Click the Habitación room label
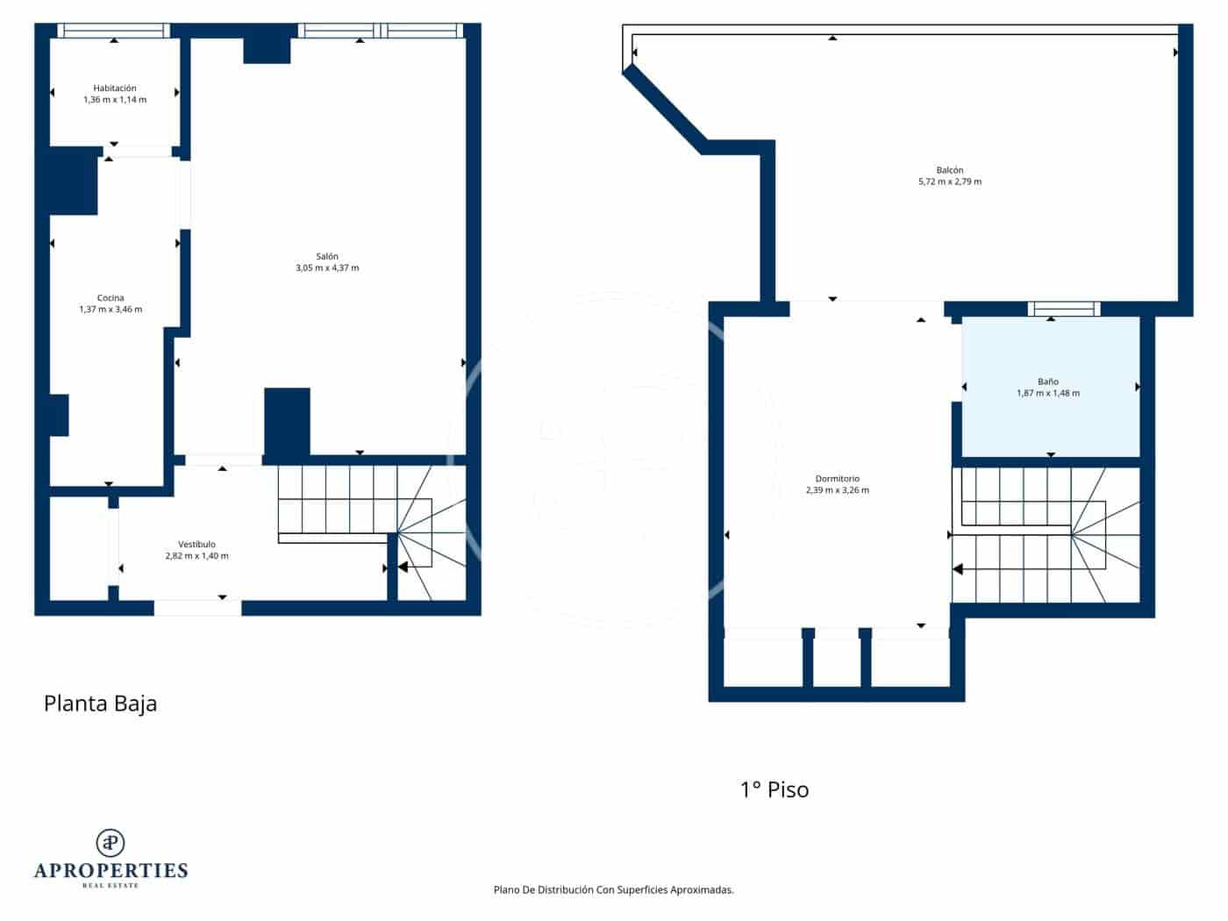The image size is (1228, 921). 115,88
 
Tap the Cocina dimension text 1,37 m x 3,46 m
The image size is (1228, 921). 111,310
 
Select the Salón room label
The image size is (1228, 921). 327,256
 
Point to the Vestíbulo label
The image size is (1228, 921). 196,545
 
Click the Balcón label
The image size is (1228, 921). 949,170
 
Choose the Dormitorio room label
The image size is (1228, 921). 837,479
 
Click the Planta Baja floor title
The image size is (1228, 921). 100,703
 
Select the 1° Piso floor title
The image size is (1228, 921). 775,789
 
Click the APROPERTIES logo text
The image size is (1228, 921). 111,870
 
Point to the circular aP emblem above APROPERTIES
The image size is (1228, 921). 111,842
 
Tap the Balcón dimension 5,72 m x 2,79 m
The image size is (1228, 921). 949,182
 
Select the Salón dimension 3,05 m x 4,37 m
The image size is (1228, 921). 327,268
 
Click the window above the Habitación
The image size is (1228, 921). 113,31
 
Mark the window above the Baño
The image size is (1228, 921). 1063,309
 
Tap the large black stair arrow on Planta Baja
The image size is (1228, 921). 402,568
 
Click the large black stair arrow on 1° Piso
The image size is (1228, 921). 958,569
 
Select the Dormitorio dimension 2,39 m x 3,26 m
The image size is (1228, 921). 837,491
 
